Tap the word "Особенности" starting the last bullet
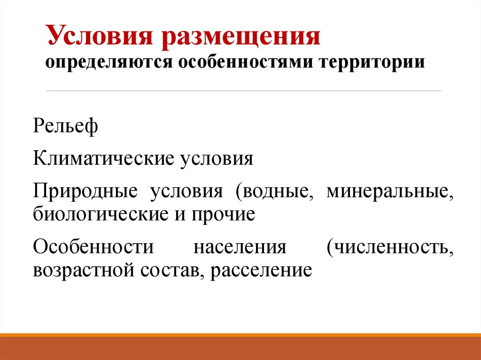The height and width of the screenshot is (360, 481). pyautogui.click(x=93, y=247)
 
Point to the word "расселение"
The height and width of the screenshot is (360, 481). pyautogui.click(x=261, y=269)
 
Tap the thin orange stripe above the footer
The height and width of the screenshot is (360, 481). pyautogui.click(x=240, y=335)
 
